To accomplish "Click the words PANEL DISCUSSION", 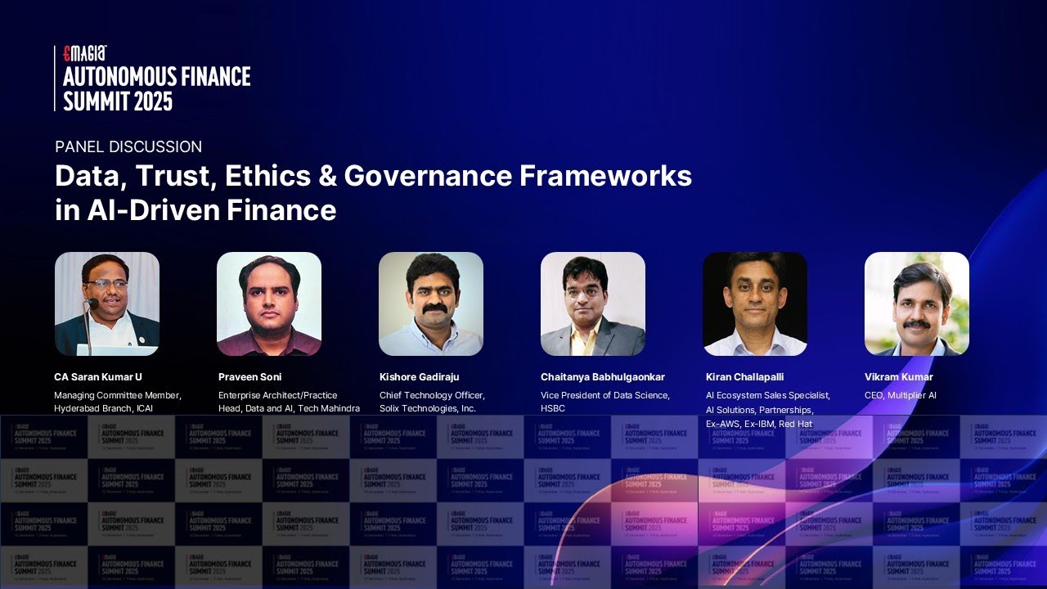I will tap(128, 147).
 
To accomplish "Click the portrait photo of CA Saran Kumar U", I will tap(107, 303).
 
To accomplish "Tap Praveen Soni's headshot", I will tap(269, 303).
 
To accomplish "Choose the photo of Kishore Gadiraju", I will tap(431, 303).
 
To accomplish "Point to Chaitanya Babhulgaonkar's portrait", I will tap(593, 303).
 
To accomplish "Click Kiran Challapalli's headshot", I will tap(755, 303).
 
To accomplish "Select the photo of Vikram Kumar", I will tap(917, 303).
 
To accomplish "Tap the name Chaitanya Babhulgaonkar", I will tap(603, 377).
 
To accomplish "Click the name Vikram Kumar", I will tap(899, 377).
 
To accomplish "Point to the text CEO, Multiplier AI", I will tap(901, 395).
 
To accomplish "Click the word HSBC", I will tap(553, 408).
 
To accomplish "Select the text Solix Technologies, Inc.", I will tap(428, 408).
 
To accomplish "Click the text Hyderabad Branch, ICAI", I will tap(104, 408).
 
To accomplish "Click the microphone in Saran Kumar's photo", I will tap(91, 305).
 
